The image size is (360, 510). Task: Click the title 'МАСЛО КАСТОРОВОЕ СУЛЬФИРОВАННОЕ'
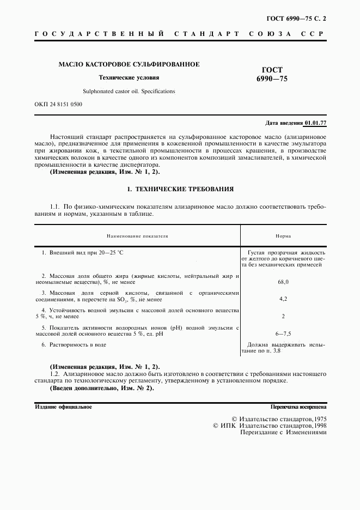point(129,64)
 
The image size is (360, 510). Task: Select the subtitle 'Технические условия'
point(129,77)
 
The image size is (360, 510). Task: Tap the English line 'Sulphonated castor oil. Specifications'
point(129,91)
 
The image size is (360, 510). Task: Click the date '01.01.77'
point(315,124)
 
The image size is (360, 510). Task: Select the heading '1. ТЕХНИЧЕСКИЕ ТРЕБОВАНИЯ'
point(180,190)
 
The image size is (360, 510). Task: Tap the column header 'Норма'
point(283,236)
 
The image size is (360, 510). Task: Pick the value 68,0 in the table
point(283,282)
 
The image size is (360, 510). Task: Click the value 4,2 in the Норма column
point(283,299)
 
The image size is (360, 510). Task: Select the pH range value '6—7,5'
point(283,333)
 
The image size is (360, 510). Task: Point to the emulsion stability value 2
point(283,316)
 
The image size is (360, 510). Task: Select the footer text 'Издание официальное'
point(63,406)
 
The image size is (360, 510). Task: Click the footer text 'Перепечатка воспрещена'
point(298,406)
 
